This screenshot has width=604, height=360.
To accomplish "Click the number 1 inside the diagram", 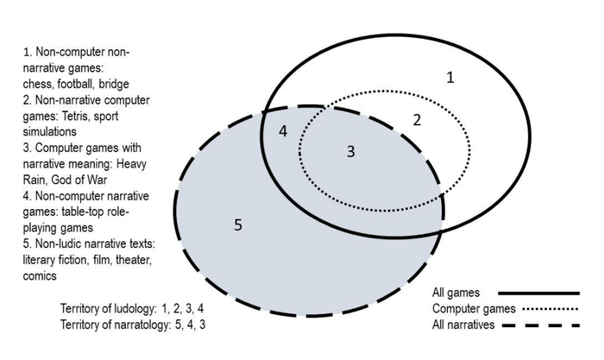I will (x=450, y=78).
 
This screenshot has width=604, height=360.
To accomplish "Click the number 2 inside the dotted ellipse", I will (x=416, y=120).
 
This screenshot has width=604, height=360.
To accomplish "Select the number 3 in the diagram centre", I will (x=350, y=152).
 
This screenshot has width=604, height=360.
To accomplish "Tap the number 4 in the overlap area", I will (x=283, y=131).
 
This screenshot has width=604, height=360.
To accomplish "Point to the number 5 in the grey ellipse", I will (x=239, y=226).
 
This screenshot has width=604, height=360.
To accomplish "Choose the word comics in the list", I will (x=41, y=276).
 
